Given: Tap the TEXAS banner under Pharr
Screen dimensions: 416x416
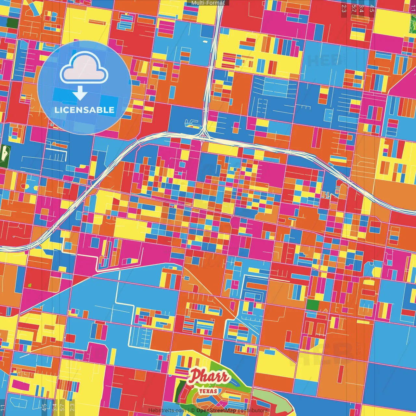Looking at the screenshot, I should tap(208, 391).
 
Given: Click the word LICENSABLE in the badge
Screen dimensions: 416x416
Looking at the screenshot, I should tap(84, 110).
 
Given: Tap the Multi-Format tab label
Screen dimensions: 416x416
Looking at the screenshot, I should tap(208, 3).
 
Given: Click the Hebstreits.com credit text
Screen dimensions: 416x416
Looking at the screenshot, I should tap(167, 410).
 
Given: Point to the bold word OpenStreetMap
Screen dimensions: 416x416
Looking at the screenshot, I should tap(216, 410).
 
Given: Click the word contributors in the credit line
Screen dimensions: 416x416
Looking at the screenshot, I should tap(252, 410).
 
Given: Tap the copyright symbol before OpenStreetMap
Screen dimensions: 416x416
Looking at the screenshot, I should tap(193, 410).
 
